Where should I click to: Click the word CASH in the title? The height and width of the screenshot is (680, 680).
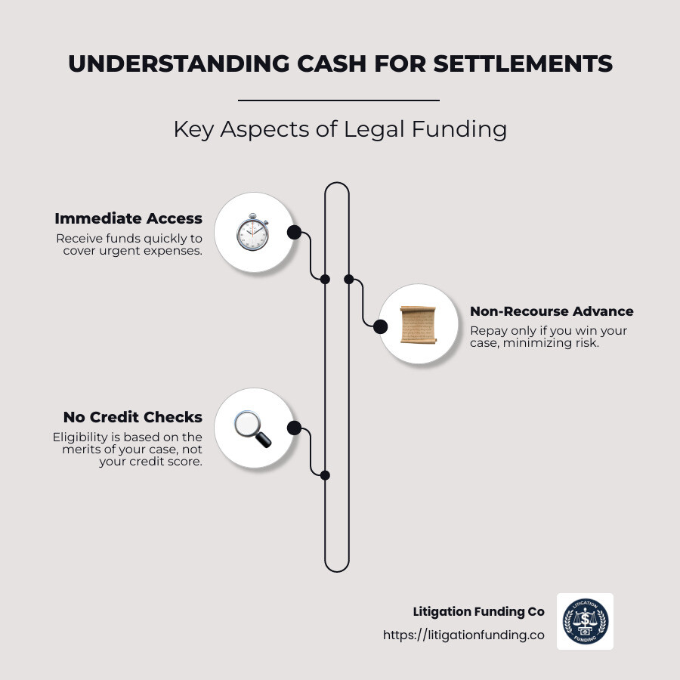329,64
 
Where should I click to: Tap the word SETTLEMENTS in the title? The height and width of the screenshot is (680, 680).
523,64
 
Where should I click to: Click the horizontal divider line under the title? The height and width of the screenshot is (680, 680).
338,100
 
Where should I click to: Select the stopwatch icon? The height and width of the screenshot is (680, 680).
252,233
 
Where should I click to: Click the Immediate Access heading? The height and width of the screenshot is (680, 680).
128,218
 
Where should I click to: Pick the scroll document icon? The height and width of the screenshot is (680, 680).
418,324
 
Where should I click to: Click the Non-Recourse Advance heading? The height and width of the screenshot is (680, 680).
552,311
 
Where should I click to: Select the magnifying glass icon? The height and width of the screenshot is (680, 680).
252,428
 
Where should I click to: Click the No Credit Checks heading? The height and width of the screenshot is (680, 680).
133,417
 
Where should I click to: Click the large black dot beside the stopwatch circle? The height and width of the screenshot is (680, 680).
294,232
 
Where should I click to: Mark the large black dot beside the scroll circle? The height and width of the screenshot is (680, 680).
381,326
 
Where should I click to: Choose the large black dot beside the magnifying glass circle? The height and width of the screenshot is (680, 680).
294,428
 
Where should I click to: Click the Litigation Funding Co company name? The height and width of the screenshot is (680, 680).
478,612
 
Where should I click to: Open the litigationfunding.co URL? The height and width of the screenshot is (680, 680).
463,635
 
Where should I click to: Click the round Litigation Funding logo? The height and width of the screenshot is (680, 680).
585,621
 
